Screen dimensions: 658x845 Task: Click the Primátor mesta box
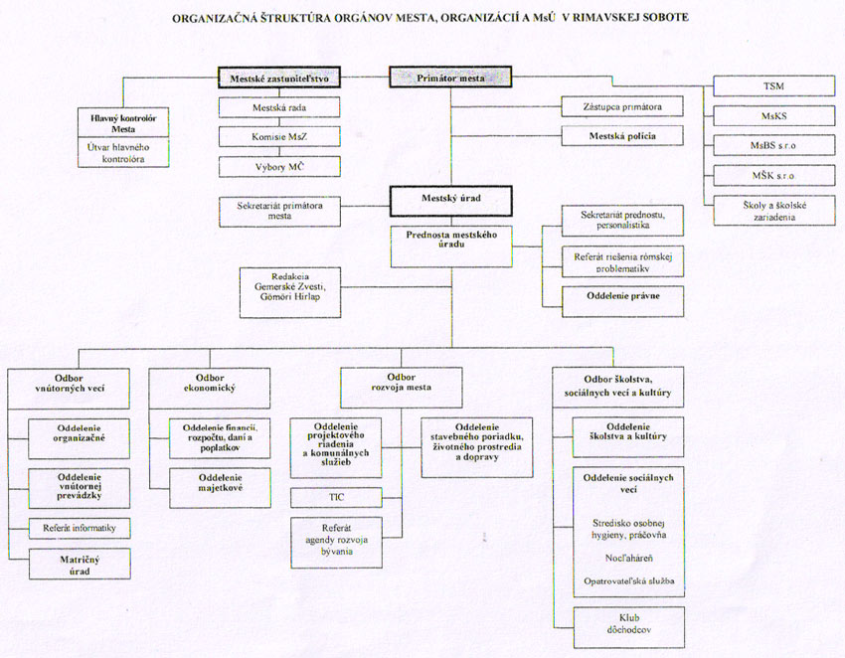(x=450, y=78)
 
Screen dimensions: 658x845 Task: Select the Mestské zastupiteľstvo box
(x=280, y=77)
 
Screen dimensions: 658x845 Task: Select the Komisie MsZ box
(x=280, y=136)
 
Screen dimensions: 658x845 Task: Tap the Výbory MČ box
(x=280, y=166)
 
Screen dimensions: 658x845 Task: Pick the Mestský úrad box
(x=449, y=199)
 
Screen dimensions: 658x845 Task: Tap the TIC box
(x=336, y=496)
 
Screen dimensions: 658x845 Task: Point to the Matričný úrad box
(x=80, y=567)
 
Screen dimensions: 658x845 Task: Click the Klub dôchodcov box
(x=628, y=626)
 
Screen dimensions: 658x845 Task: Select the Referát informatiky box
(x=80, y=529)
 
